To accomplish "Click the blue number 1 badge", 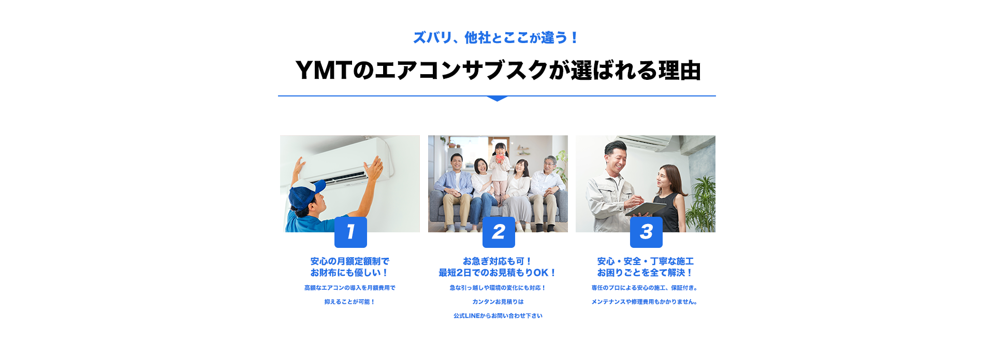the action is click(x=350, y=232).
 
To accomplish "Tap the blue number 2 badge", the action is click(x=499, y=232).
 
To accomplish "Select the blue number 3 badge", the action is click(x=646, y=232).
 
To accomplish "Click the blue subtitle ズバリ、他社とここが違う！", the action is click(x=496, y=38).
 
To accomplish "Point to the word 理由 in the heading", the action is click(x=680, y=71).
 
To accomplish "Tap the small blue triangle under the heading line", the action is click(x=497, y=99).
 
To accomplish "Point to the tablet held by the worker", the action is click(x=645, y=208).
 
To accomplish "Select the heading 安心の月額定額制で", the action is click(x=350, y=261).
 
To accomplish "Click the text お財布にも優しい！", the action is click(x=350, y=273).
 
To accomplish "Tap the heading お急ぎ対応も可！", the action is click(x=498, y=261).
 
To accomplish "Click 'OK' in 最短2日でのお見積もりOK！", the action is click(x=541, y=273).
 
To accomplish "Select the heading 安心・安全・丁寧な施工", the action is click(x=646, y=261).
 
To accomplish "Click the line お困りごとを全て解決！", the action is click(x=646, y=273).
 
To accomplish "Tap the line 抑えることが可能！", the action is click(x=350, y=302).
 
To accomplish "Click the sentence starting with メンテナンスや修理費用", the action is click(x=645, y=302).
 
